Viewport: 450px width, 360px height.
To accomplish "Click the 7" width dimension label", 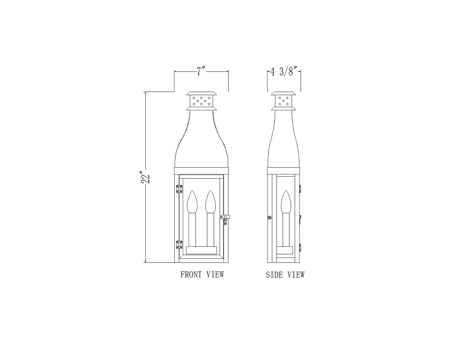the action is tap(201, 72).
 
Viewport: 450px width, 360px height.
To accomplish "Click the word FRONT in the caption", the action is tap(191, 274).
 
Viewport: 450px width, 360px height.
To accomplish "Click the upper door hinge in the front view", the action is tap(179, 189).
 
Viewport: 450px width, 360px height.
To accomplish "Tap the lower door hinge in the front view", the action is tap(179, 244).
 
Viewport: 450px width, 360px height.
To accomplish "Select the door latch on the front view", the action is tap(225, 220).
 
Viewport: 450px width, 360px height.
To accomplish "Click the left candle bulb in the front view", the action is tap(192, 201).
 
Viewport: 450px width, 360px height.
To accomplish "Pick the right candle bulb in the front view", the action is tap(210, 201).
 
